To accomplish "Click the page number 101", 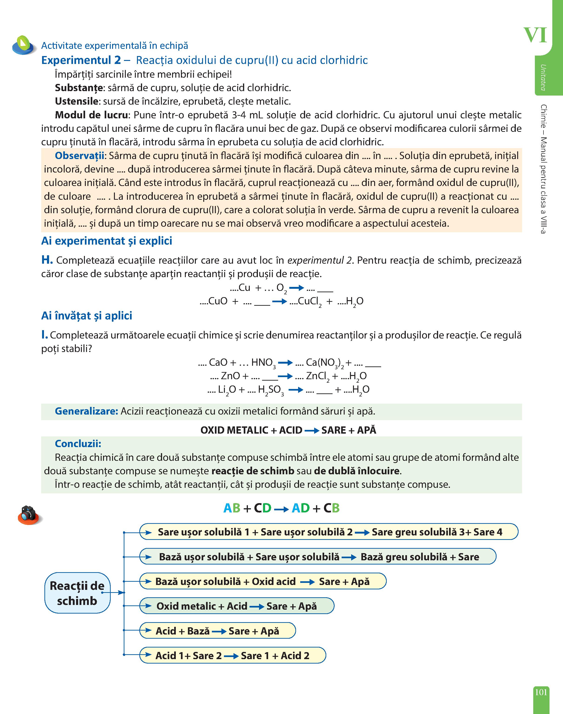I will click(x=541, y=692).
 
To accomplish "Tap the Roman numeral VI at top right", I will click(x=535, y=36).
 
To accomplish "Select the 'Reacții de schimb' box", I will click(x=77, y=593).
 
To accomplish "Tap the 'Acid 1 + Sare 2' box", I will click(x=232, y=655).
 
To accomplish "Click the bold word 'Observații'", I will click(x=79, y=156).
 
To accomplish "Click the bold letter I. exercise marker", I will click(x=44, y=335).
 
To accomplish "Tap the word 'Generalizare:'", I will click(x=86, y=411).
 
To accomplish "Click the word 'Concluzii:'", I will click(x=78, y=444).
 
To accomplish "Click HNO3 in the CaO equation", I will click(x=263, y=363).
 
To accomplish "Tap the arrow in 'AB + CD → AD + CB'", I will click(x=281, y=509).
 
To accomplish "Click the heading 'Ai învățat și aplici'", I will click(x=86, y=316).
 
